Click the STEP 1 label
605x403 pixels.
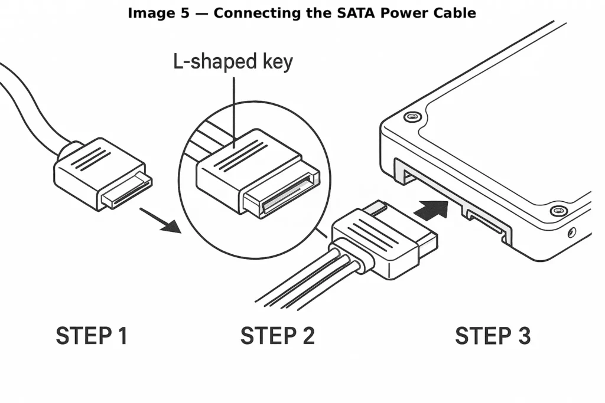tap(92, 336)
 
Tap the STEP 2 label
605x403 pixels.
tap(277, 336)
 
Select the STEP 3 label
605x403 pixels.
tap(493, 336)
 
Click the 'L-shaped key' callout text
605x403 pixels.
tap(233, 62)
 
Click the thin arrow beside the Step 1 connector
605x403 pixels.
tap(160, 219)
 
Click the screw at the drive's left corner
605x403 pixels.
tap(412, 116)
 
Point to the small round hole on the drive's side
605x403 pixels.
tap(571, 232)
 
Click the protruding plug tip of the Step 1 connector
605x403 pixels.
tap(126, 191)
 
